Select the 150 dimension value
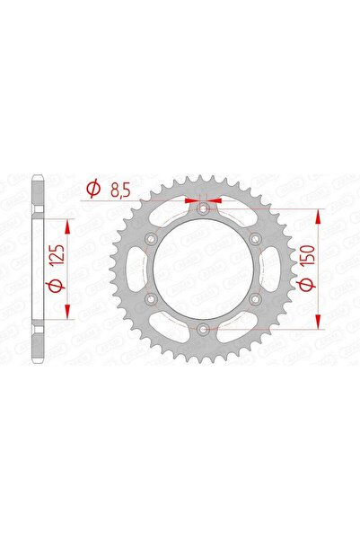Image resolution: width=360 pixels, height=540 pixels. (307, 244)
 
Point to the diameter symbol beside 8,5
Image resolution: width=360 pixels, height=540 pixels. (92, 190)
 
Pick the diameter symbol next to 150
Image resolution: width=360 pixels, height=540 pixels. (307, 284)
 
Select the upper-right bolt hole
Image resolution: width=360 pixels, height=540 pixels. (256, 239)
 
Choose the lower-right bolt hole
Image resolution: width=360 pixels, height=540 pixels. (256, 300)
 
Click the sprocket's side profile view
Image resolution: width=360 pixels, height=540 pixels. (37, 270)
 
